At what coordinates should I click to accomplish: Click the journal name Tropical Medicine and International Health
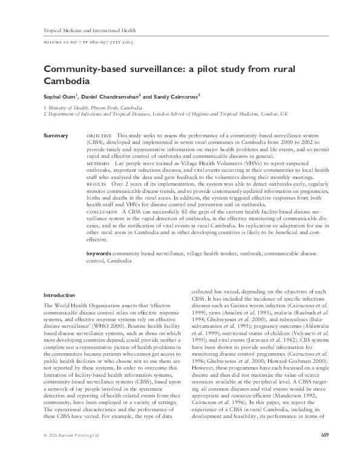(91, 30)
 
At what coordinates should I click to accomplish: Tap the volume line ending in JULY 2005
(89, 43)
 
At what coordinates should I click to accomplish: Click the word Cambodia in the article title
(67, 80)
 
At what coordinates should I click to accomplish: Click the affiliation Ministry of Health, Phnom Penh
(91, 107)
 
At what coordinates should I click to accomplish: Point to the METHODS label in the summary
(98, 163)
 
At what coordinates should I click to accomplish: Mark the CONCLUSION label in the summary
(102, 212)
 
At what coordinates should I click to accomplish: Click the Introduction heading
(59, 295)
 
